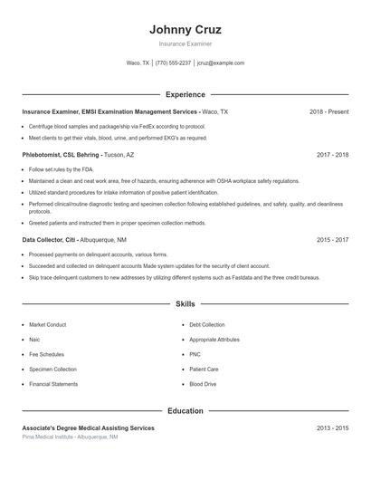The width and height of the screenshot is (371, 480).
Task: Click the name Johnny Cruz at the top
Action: [x=185, y=29]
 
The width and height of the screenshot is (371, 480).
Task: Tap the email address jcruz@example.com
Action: [x=221, y=63]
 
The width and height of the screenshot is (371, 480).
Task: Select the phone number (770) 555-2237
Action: [x=173, y=63]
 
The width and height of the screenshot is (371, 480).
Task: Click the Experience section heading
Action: [x=185, y=94]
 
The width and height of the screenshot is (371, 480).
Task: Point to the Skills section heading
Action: [x=185, y=304]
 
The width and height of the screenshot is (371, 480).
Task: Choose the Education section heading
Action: [x=185, y=411]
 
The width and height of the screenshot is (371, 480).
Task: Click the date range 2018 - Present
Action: [x=328, y=111]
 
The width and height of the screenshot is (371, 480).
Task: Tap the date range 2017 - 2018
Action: [x=332, y=155]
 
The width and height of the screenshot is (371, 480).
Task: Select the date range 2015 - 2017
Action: [x=332, y=240]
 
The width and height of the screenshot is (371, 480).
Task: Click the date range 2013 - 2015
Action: [x=332, y=427]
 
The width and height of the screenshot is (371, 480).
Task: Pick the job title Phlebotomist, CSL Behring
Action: [x=62, y=155]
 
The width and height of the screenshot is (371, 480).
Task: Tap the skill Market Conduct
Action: [x=48, y=324]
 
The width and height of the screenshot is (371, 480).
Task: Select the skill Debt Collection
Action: [x=207, y=324]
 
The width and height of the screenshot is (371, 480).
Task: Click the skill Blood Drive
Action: [x=203, y=384]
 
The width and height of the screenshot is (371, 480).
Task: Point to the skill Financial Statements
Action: [x=53, y=384]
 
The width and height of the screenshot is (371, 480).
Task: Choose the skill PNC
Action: [x=195, y=354]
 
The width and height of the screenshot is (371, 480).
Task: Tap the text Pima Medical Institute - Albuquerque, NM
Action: [x=70, y=437]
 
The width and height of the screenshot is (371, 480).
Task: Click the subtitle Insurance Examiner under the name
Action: [x=185, y=43]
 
